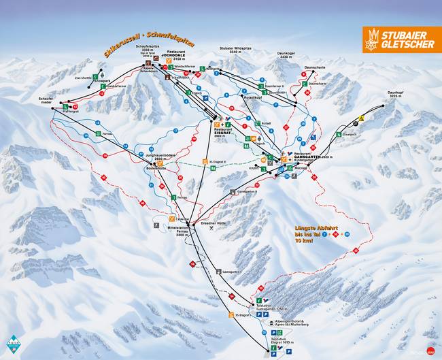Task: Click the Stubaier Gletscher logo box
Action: coord(401,40)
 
